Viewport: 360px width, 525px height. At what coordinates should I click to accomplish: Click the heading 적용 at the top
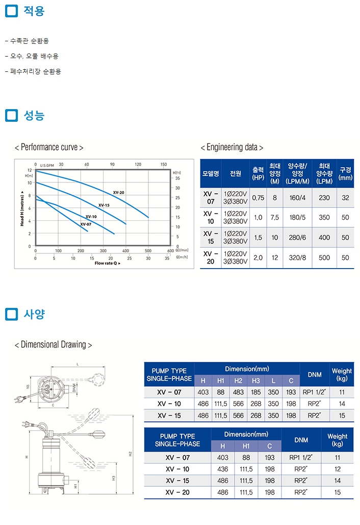(34, 11)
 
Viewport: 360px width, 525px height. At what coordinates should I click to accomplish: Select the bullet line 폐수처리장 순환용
(35, 72)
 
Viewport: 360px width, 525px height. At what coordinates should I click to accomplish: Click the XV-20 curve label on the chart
(119, 192)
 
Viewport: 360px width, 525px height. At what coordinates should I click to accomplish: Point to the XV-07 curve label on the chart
(86, 224)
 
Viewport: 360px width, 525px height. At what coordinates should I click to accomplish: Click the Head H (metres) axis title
(22, 207)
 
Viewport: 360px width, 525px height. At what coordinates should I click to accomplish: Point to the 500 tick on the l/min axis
(148, 251)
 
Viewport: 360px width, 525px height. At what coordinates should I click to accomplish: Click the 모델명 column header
(210, 173)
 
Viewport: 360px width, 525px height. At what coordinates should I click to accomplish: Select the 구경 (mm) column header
(345, 173)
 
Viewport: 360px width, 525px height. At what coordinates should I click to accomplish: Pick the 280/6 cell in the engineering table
(298, 238)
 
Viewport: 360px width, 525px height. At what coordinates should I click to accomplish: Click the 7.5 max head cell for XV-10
(275, 217)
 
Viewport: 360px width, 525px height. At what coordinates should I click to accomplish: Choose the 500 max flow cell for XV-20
(324, 258)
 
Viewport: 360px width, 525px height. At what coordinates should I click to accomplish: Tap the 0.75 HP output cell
(258, 197)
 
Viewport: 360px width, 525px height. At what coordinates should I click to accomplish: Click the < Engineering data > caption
(232, 147)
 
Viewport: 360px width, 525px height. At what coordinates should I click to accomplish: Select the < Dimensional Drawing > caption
(54, 345)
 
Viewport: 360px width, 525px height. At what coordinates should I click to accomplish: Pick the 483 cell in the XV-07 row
(238, 392)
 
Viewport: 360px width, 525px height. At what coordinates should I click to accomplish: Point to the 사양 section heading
(34, 314)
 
